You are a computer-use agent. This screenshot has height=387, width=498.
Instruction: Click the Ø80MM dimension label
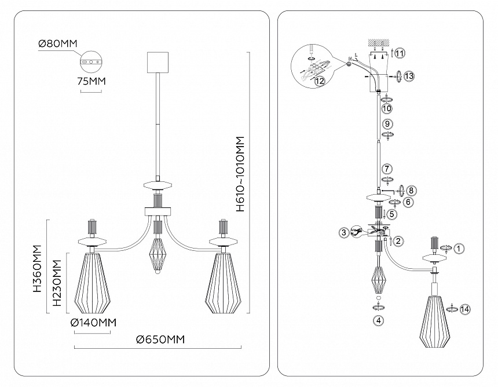pos(57,43)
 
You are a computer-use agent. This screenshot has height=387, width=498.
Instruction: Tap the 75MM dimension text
pos(91,82)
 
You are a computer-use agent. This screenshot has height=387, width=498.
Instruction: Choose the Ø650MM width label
pos(160,339)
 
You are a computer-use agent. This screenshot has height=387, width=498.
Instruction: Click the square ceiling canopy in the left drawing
pos(158,62)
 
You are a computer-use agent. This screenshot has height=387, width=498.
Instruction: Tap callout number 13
pos(409,76)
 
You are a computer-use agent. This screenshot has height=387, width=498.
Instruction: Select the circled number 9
pos(388,123)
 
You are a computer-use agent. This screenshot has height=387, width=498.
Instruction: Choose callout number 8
pos(411,190)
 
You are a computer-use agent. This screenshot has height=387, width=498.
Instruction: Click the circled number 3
pos(344,233)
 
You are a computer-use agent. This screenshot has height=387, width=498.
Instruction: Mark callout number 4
pos(378,320)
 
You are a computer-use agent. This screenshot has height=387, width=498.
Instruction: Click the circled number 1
pos(459,249)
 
